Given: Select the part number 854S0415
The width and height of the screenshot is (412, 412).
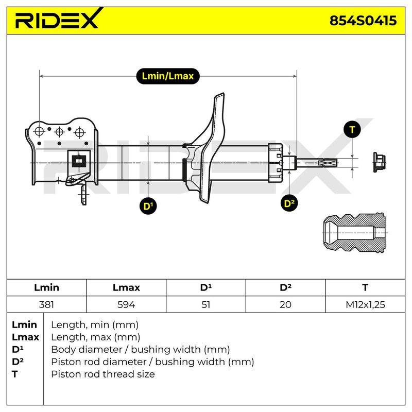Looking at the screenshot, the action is [363, 21].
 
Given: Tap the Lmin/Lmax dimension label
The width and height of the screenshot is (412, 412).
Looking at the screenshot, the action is [168, 76].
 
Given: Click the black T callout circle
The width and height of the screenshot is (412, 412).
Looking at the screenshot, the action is [352, 130].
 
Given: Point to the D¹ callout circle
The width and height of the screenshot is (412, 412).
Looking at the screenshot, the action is [148, 205].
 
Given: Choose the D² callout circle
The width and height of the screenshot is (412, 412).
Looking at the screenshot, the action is [289, 203].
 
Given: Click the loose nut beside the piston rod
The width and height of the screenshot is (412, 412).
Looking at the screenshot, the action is [379, 162].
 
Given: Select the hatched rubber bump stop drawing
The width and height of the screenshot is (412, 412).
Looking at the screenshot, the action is [354, 233].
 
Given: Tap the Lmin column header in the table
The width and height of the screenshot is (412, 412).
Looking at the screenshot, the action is [46, 287].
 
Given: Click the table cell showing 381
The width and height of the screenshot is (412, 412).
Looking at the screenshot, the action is [46, 304].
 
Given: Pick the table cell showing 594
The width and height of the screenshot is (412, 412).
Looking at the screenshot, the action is [126, 304].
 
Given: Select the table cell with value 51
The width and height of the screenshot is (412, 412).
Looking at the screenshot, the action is [205, 304].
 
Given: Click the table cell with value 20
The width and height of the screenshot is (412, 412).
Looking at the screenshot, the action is [285, 304].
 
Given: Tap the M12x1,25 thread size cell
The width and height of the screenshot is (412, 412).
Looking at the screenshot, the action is [365, 304].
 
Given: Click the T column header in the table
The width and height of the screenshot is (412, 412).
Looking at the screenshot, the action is [365, 287].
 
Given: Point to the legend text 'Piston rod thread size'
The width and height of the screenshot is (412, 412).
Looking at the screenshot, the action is [103, 374].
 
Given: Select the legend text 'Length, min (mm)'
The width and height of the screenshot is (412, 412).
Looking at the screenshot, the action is [95, 325].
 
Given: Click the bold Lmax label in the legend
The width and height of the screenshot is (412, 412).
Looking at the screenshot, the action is [25, 337].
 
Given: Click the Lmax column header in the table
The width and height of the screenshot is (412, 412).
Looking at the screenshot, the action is [126, 287].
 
